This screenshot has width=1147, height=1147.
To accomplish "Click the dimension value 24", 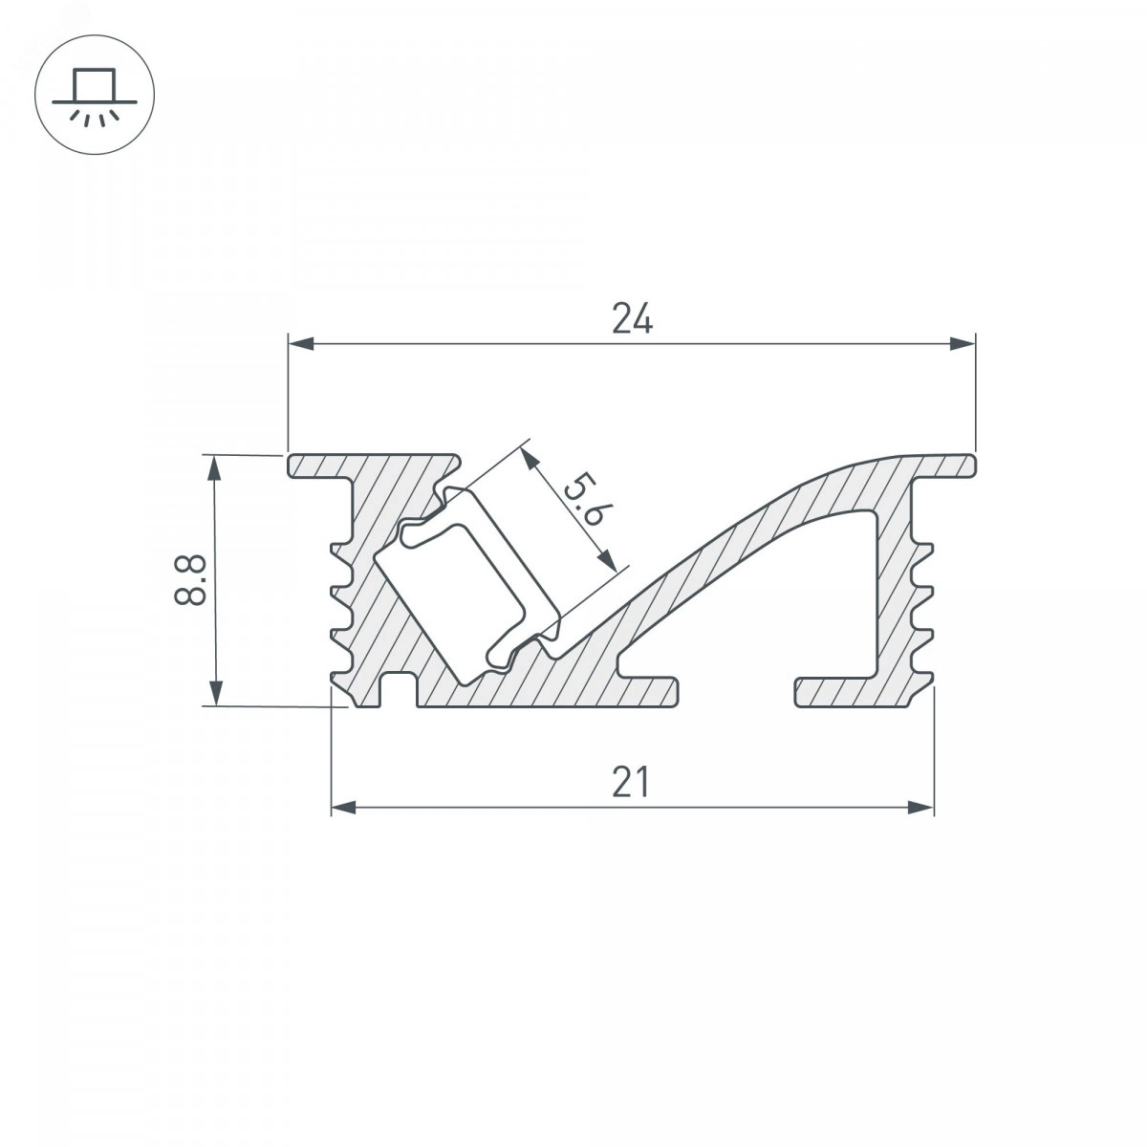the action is pyautogui.click(x=632, y=318).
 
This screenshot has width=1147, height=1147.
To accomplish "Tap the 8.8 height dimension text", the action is pyautogui.click(x=190, y=580).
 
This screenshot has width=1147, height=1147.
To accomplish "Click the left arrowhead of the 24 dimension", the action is pyautogui.click(x=300, y=343).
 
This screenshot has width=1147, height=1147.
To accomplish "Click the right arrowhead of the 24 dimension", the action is pyautogui.click(x=963, y=343).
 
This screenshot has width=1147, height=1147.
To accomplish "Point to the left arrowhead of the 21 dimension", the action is pyautogui.click(x=343, y=807).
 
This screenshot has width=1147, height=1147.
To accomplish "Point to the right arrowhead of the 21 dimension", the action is pyautogui.click(x=921, y=807).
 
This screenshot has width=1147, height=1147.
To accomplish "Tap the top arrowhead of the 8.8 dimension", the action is pyautogui.click(x=215, y=467).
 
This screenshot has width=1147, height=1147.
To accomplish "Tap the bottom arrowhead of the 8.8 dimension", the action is pyautogui.click(x=215, y=693).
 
